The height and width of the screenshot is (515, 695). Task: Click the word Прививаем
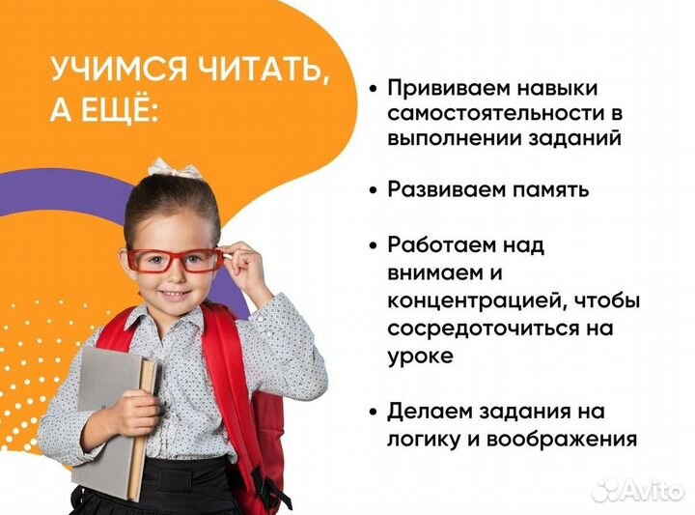click(450, 88)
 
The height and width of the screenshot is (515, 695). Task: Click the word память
click(549, 189)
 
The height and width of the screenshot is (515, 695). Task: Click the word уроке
click(420, 356)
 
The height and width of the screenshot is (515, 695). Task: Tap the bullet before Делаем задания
click(373, 412)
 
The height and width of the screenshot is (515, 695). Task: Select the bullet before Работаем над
click(373, 245)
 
